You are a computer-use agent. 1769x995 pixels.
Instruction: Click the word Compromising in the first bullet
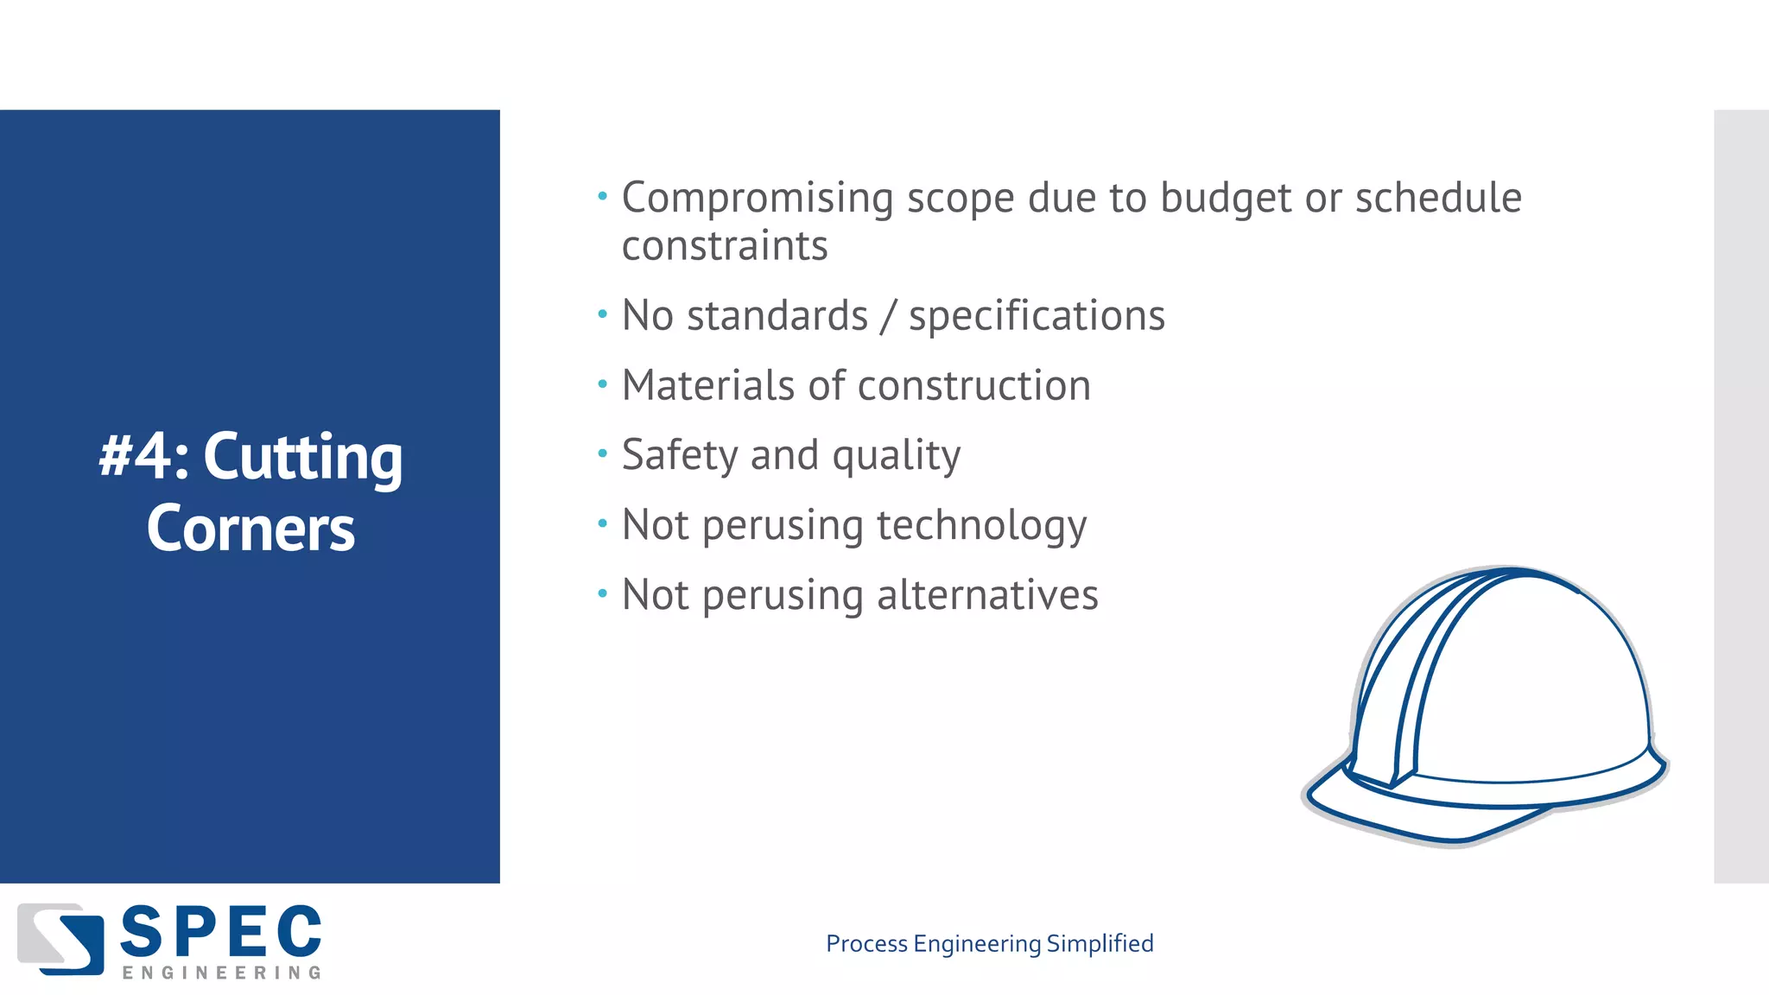pos(758,199)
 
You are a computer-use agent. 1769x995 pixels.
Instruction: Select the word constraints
pos(725,246)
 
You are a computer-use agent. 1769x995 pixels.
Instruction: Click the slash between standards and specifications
pos(888,316)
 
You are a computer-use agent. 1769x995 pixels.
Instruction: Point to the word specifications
pos(1037,316)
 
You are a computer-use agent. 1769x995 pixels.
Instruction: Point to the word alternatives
pos(987,595)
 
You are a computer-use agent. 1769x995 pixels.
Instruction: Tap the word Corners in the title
pos(250,528)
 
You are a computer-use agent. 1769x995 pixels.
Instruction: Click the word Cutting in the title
pos(302,458)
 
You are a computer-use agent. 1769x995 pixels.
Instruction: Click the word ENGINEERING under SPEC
pos(221,973)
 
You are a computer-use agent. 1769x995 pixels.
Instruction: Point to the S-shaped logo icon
pos(60,939)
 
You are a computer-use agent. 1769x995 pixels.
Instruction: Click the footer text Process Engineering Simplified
pos(989,943)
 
